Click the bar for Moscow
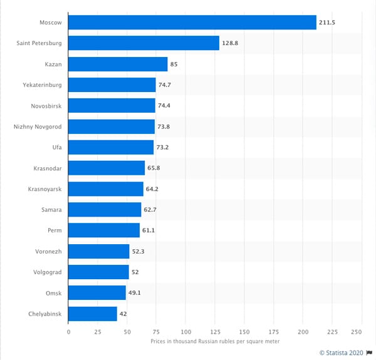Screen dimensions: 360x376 coord(192,22)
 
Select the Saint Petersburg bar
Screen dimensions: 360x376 coord(144,43)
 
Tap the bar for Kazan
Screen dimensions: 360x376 coord(118,64)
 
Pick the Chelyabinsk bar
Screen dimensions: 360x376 coord(93,314)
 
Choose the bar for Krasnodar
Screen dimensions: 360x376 coord(107,168)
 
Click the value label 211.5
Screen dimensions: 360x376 coord(328,23)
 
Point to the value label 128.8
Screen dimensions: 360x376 coord(231,43)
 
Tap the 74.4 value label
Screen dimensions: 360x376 coord(166,106)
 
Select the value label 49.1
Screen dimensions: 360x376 coord(136,293)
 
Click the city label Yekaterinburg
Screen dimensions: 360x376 coord(41,85)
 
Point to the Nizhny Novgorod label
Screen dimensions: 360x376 coord(37,126)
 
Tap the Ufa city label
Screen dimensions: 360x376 coord(55,147)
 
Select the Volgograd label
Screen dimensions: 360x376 coord(48,272)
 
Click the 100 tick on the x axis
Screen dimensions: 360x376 coord(185,332)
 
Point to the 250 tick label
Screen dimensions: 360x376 coord(357,332)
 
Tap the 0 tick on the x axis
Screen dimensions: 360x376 coord(68,332)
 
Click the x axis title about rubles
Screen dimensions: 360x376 coord(215,341)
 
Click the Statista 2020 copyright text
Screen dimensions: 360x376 coord(342,353)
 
